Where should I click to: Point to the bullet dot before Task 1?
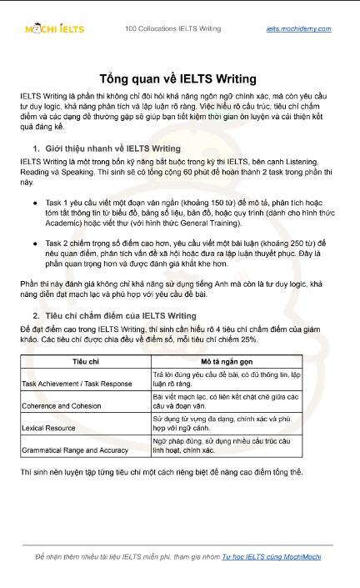(x=34, y=203)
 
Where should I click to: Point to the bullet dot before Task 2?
(x=34, y=242)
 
